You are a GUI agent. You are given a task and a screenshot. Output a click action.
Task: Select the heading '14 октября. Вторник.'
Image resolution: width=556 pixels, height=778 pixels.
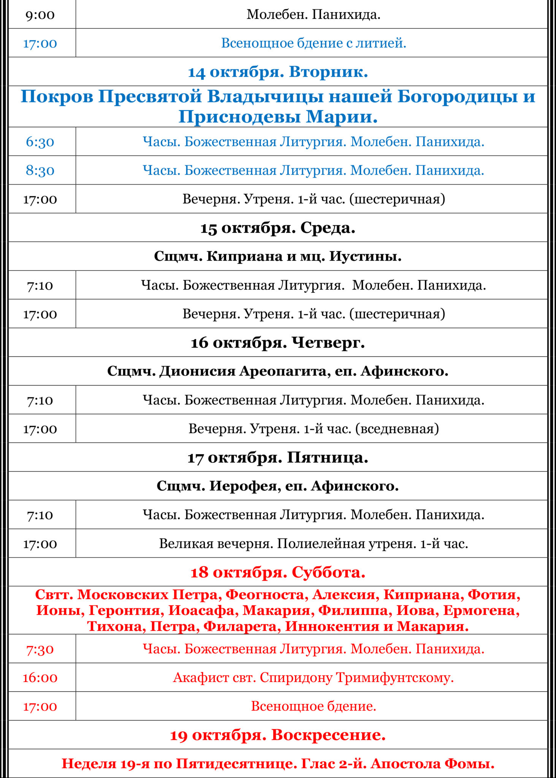click(x=278, y=72)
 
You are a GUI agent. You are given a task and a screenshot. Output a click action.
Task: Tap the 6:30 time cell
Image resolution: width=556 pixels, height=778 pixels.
click(x=40, y=142)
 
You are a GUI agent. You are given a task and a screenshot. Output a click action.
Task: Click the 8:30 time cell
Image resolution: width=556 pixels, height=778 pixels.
click(x=40, y=171)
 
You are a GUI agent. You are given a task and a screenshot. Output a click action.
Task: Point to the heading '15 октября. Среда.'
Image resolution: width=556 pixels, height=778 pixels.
click(x=278, y=228)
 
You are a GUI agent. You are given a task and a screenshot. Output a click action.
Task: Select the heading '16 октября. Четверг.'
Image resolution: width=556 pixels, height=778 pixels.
click(x=278, y=343)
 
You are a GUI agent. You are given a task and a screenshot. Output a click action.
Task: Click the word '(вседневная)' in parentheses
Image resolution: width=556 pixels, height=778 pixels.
click(x=397, y=429)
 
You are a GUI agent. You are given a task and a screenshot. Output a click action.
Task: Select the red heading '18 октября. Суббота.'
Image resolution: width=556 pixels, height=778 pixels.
click(x=278, y=572)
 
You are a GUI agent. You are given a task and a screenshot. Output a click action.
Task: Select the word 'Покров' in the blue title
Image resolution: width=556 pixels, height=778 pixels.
click(x=57, y=96)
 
